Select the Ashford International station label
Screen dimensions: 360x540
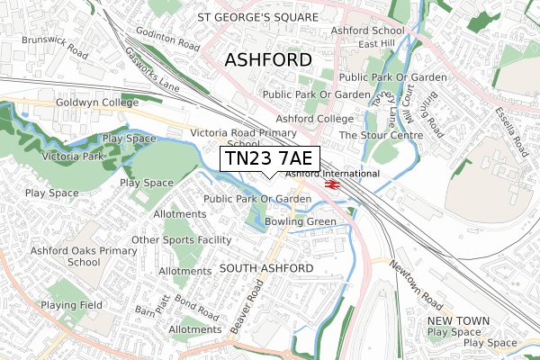tap(332, 173)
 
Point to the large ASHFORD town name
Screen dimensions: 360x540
tap(267, 59)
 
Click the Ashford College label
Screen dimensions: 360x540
tap(315, 119)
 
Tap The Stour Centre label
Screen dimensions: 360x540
tap(381, 135)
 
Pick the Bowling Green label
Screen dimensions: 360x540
tap(300, 221)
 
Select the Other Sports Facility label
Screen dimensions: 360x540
tap(182, 240)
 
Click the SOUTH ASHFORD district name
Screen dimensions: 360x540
tap(265, 269)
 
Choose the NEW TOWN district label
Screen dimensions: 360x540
tap(459, 320)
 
